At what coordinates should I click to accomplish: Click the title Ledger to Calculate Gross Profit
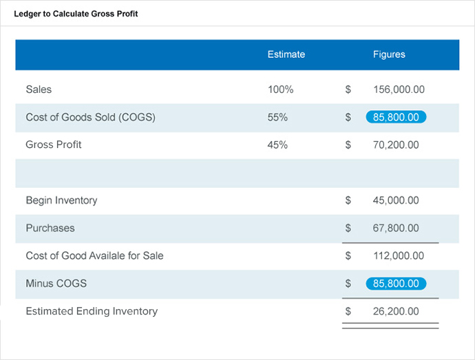coord(76,14)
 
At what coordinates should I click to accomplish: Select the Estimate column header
coord(286,54)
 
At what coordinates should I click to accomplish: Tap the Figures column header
coord(389,54)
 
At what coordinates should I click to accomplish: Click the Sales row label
coord(39,89)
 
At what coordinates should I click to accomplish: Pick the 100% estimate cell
coord(280,89)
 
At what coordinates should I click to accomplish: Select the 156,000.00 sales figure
coord(399,89)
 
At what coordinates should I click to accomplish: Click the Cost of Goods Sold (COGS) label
coord(90,117)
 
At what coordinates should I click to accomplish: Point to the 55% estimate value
coord(277,117)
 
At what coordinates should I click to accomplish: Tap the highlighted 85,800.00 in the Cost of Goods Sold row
coord(396,117)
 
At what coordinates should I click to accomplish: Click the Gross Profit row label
coord(54,145)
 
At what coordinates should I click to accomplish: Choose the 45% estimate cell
coord(277,145)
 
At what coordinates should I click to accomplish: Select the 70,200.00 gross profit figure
coord(396,145)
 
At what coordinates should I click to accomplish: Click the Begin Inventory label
coord(61,200)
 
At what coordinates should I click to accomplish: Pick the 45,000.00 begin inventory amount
coord(396,200)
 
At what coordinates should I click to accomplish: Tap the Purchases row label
coord(50,228)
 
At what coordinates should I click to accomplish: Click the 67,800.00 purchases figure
coord(396,228)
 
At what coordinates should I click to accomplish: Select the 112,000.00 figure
coord(399,255)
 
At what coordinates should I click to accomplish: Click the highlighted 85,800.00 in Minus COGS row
coord(396,283)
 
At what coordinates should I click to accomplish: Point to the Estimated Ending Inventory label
coord(92,311)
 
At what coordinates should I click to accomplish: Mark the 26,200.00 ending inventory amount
coord(396,311)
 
